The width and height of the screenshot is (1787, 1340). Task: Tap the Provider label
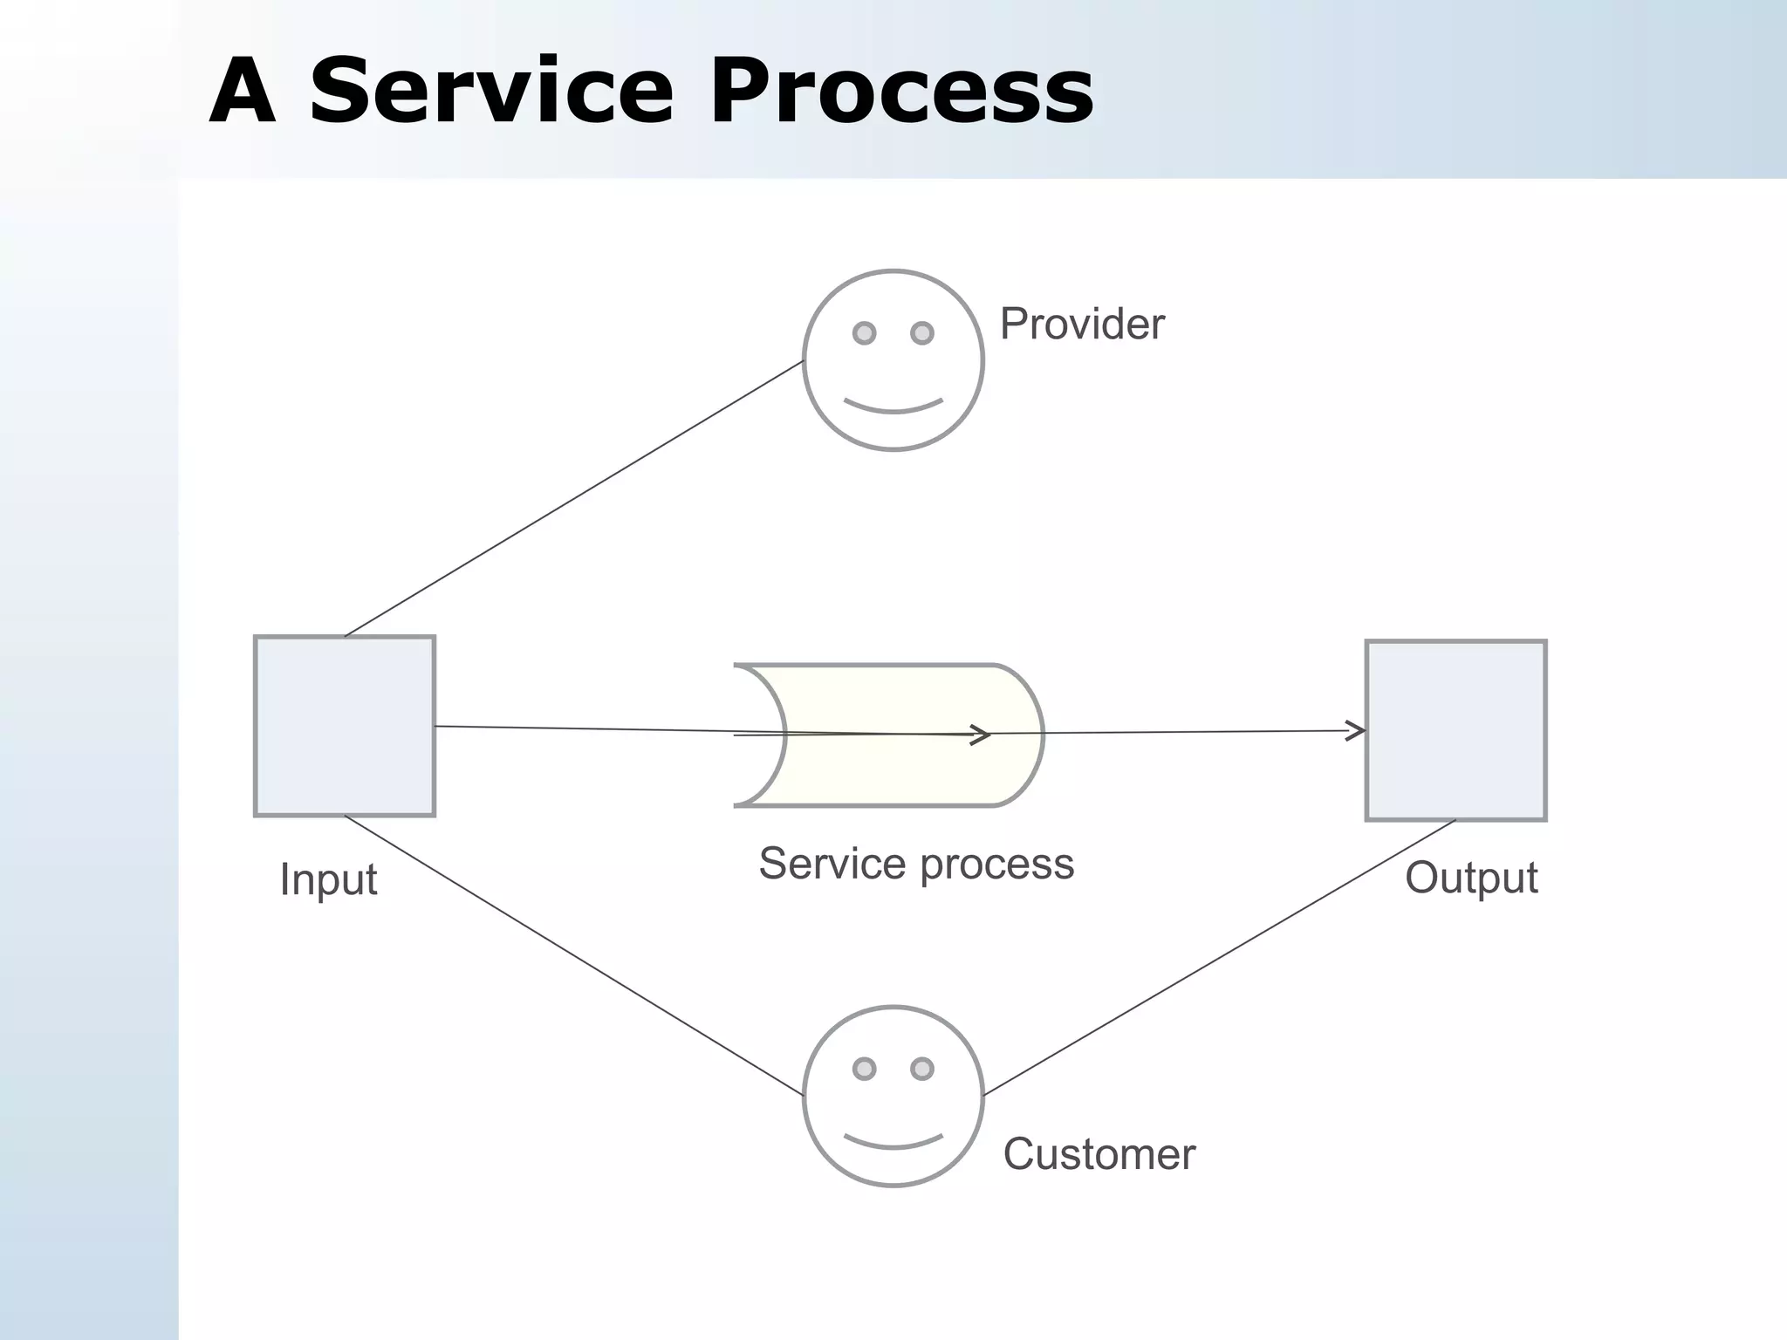pos(1081,325)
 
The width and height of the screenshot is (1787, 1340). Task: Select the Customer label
pos(1099,1154)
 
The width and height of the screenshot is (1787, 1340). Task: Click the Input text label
pos(328,879)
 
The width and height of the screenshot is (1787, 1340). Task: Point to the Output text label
pos(1471,878)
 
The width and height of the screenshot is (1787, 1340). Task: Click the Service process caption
pos(916,864)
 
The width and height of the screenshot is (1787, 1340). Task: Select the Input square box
pos(345,768)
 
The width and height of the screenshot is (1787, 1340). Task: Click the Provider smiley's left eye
pos(864,332)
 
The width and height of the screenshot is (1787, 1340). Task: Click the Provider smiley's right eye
pos(922,332)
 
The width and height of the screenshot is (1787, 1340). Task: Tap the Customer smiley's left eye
pos(864,1069)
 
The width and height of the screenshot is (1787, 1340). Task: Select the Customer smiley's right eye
pos(922,1069)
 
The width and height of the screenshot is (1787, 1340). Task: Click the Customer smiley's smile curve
pos(893,1144)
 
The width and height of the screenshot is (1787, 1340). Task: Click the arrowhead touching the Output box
pos(1357,731)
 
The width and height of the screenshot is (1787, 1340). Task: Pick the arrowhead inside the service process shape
pos(983,735)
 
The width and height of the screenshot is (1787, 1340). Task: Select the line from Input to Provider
pos(574,499)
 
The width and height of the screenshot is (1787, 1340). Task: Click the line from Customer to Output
pos(1220,958)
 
